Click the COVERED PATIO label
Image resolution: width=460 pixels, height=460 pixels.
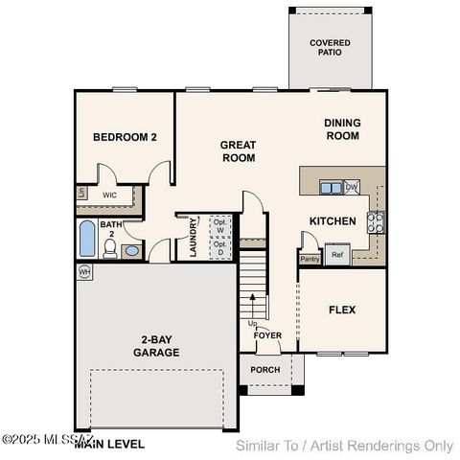329,49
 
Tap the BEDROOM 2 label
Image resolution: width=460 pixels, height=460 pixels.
125,137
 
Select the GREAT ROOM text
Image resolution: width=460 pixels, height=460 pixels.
238,151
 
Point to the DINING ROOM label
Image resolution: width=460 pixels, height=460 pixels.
341,129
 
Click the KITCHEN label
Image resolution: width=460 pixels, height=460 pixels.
333,221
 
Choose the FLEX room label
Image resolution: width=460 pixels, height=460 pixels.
342,310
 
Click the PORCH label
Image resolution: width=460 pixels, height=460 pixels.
264,370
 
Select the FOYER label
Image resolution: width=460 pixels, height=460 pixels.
267,335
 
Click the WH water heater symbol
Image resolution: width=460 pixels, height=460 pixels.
84,271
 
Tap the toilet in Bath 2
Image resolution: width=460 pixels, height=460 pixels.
110,249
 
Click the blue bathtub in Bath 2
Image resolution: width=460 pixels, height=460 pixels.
87,240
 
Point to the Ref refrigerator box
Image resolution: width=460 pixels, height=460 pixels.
336,255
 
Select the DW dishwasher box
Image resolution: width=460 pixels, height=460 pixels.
352,187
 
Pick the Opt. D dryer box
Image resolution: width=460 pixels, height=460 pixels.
219,248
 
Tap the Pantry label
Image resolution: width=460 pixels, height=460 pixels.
310,259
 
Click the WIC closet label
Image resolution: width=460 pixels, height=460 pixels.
110,195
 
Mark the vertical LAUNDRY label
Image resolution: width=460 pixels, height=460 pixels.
193,237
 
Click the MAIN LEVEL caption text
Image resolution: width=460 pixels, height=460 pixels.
110,444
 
